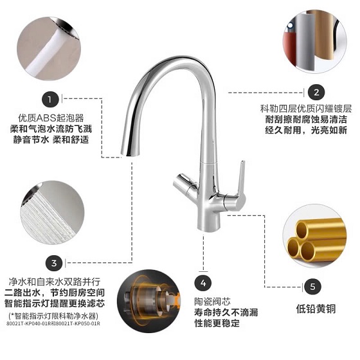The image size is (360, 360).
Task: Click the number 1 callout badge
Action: point(50,100)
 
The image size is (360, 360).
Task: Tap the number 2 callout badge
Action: point(316,93)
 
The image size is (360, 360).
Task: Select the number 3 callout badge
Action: point(54,263)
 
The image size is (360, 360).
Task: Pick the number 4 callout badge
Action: point(203,283)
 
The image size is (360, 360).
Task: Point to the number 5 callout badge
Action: point(313,287)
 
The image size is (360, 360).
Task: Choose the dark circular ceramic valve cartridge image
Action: point(148,301)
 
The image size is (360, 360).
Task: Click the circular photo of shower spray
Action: point(53,212)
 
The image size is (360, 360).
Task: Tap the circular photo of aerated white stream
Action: point(49,49)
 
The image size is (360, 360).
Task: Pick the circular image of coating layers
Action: point(314,42)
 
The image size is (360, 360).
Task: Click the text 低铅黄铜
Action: point(316,309)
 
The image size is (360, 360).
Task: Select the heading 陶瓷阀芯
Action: point(212,301)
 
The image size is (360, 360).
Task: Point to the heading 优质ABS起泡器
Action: point(51,118)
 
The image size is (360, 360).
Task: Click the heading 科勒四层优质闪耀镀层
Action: point(306,109)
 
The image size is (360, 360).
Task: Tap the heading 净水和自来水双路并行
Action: point(55,282)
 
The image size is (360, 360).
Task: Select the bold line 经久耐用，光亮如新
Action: point(306,130)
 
